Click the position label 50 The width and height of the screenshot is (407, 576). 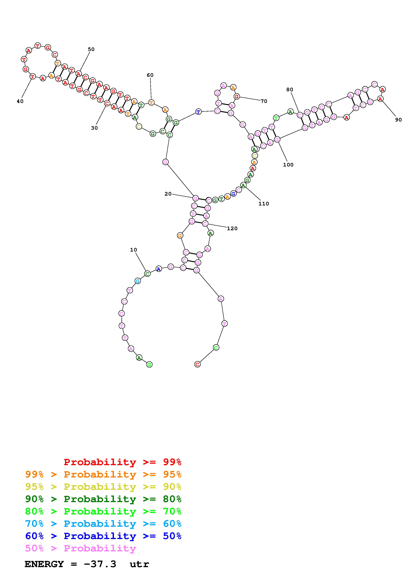pos(91,49)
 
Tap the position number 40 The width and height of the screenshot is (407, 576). pos(20,101)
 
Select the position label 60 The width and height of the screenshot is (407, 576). pos(150,75)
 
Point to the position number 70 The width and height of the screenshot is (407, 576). pos(264,101)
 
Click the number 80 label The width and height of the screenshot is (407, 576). pos(290,89)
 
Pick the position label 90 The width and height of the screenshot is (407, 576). pos(398,120)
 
